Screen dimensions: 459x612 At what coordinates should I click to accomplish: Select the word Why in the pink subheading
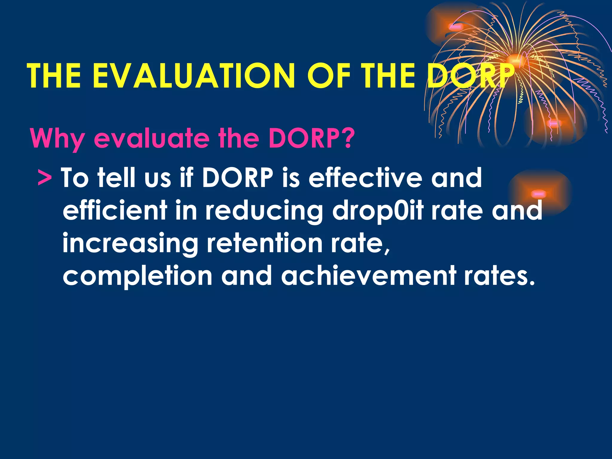(x=57, y=139)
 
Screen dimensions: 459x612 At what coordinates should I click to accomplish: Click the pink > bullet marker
(x=45, y=178)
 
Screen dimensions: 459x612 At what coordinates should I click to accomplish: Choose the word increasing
(x=130, y=244)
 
